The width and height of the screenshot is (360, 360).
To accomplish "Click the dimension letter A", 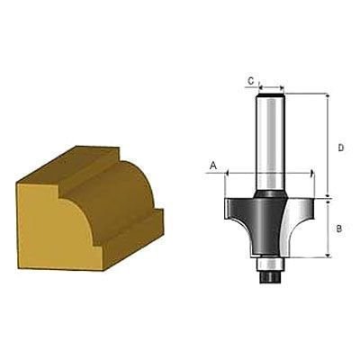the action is click(213, 165).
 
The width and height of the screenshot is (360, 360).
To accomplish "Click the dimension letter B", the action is click(338, 229).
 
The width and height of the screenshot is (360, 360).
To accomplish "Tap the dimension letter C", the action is click(251, 80).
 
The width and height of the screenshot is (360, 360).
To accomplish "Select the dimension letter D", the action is click(341, 148).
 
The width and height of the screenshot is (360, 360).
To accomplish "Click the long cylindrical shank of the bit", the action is click(271, 144).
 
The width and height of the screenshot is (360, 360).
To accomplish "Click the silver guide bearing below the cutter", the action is click(271, 264).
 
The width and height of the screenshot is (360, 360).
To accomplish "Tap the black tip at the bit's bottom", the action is click(271, 276).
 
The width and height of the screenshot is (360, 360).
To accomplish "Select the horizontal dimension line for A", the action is click(269, 173).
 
